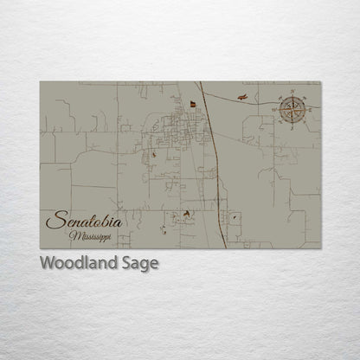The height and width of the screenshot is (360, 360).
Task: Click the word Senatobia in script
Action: click(84, 222)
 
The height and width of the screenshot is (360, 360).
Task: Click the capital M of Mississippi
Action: click(76, 235)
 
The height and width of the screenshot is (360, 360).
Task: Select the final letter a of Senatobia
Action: click(118, 223)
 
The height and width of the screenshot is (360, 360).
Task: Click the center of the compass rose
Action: click(290, 109)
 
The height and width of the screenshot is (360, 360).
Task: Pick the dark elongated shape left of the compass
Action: click(246, 97)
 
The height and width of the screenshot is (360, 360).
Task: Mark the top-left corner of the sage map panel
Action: click(41, 82)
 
